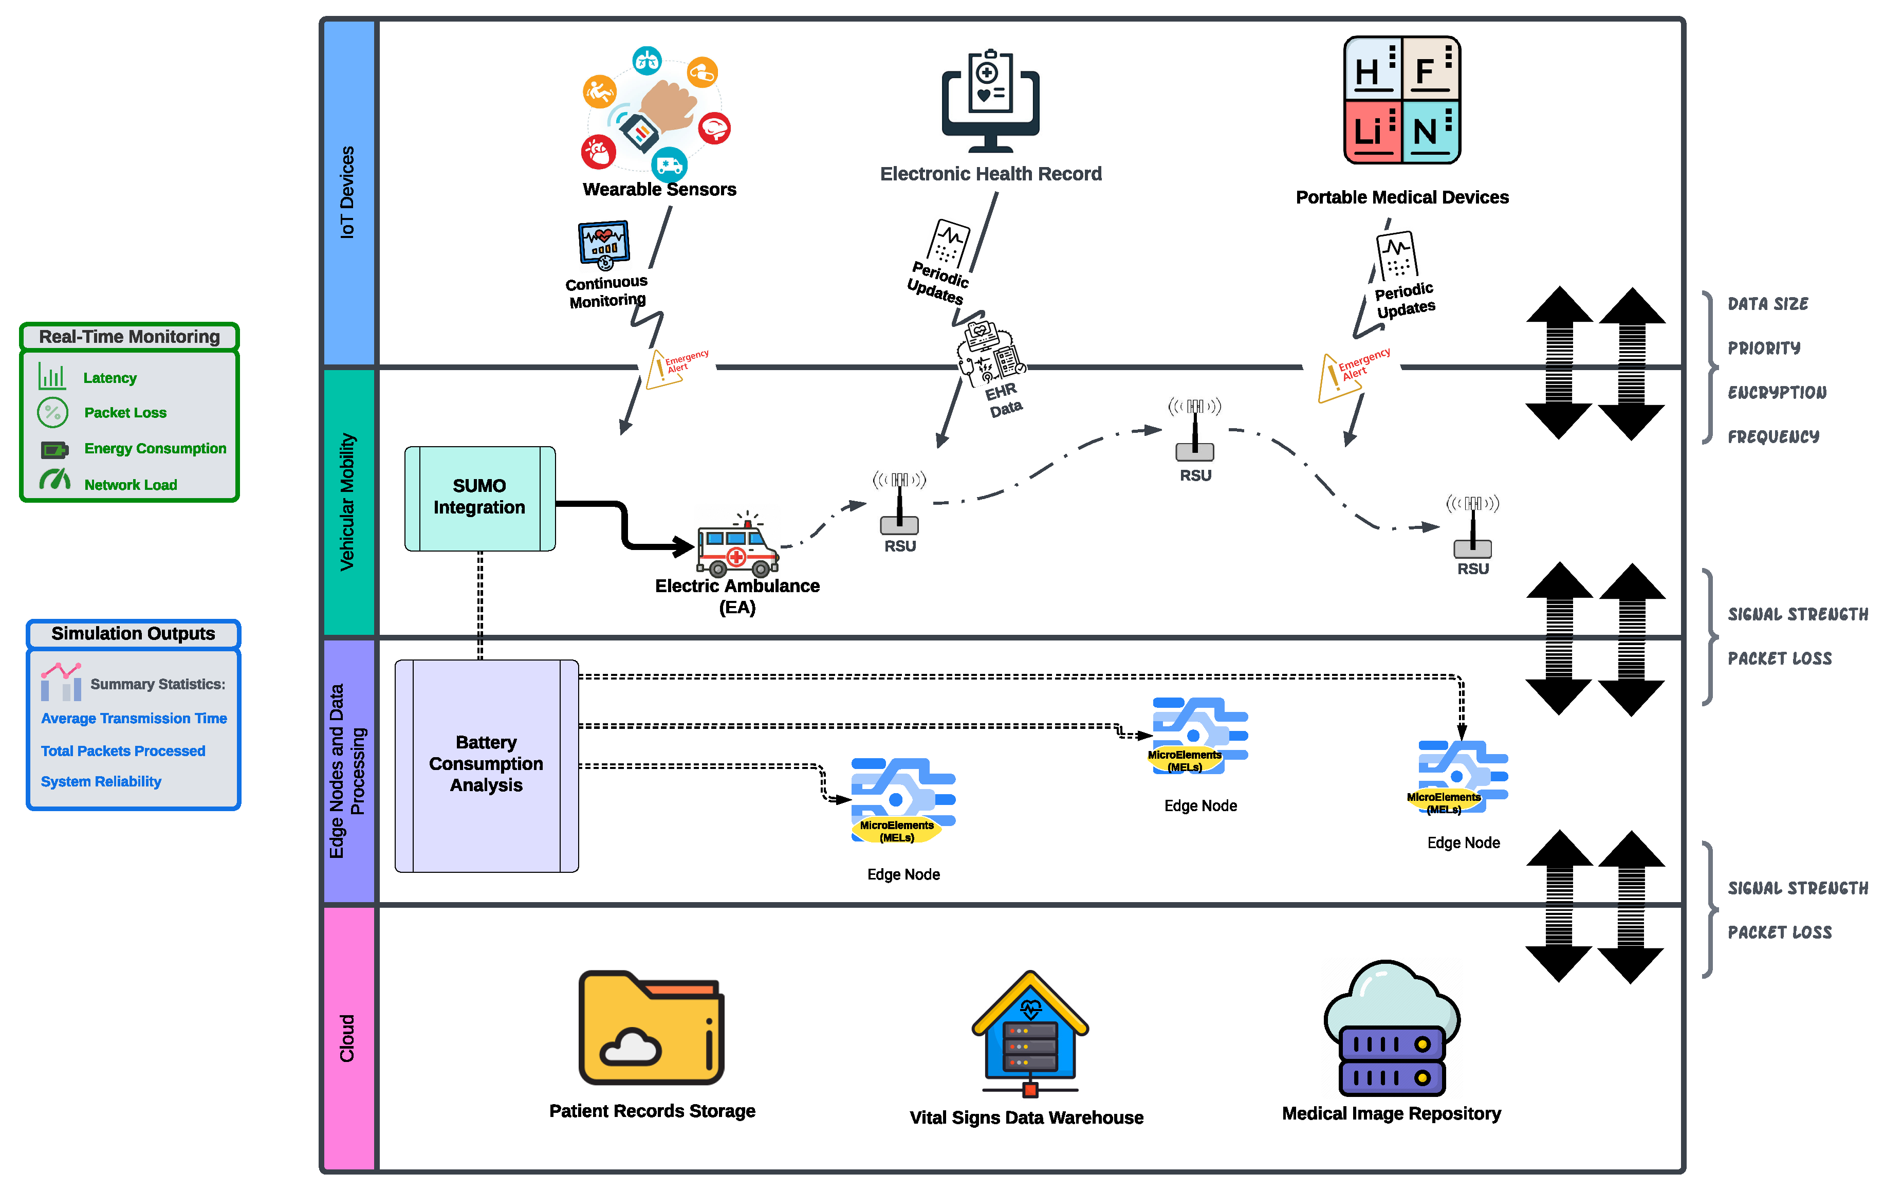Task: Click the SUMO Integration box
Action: point(479,498)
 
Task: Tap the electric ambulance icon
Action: point(737,545)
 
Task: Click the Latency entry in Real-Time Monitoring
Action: point(109,378)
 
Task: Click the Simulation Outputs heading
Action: point(133,633)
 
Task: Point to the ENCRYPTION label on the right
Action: point(1777,392)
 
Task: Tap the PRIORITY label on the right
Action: point(1764,347)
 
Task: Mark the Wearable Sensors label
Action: point(659,189)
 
